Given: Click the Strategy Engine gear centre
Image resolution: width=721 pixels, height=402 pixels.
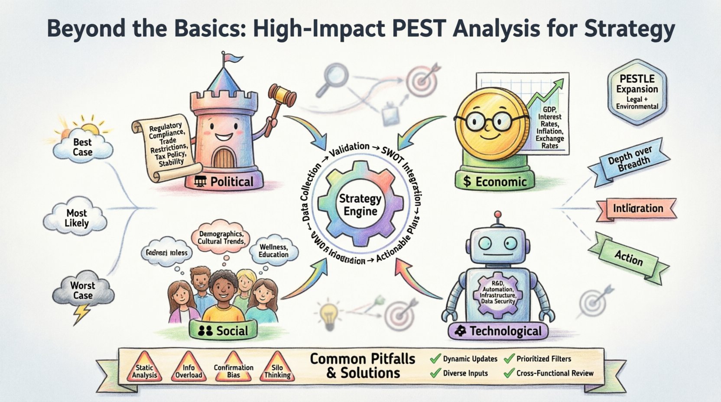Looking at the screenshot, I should pyautogui.click(x=360, y=205).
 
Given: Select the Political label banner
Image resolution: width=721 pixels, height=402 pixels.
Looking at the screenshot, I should pyautogui.click(x=224, y=182).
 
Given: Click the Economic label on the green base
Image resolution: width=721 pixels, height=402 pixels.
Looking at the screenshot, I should pyautogui.click(x=495, y=182).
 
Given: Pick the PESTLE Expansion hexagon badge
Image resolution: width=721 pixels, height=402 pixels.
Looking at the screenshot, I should pyautogui.click(x=637, y=92).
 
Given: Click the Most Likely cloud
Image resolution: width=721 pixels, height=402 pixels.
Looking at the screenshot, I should pyautogui.click(x=76, y=218).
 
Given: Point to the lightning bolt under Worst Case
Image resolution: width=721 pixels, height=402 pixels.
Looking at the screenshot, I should pyautogui.click(x=81, y=314).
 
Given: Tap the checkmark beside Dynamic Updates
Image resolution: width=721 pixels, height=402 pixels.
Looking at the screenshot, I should pyautogui.click(x=435, y=359).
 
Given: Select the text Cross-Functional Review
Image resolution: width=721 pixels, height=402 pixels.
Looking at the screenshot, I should pyautogui.click(x=555, y=373).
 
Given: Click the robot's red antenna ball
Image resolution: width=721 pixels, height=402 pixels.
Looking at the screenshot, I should pyautogui.click(x=498, y=214).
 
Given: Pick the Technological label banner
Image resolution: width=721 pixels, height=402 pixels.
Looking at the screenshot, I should pyautogui.click(x=498, y=331).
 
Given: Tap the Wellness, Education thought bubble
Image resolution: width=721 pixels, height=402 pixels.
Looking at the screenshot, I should pyautogui.click(x=273, y=251).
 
